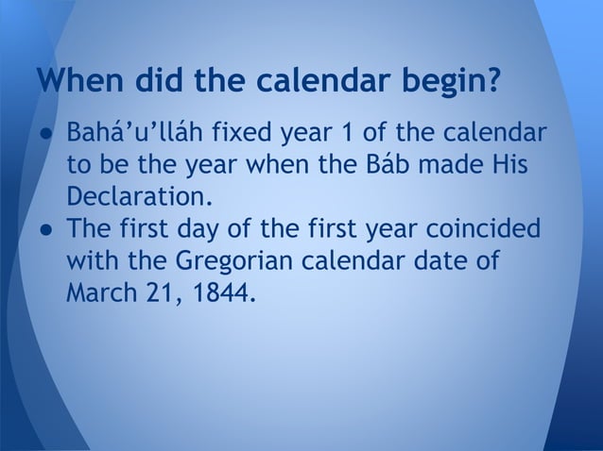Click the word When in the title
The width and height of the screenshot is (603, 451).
click(78, 83)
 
